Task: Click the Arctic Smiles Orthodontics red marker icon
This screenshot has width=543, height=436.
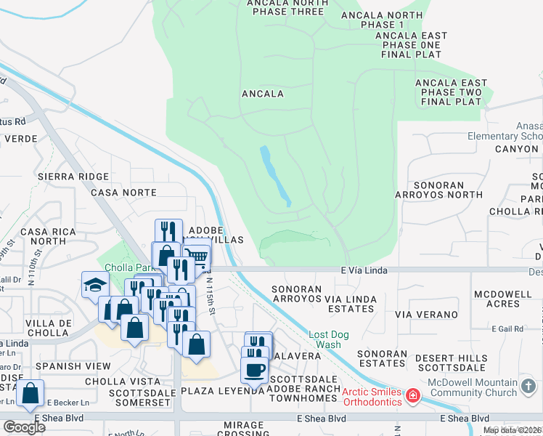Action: [x=413, y=396]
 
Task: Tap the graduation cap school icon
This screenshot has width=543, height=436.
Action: [x=95, y=285]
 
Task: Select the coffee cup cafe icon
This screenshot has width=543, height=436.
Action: [x=254, y=370]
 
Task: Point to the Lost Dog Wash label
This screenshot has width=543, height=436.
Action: [x=324, y=339]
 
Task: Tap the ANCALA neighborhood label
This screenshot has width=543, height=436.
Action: [x=262, y=94]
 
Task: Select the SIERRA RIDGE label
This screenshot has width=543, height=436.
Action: [x=73, y=177]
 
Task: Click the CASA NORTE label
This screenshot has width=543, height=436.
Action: [x=123, y=193]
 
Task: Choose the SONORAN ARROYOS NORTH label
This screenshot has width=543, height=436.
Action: [x=438, y=190]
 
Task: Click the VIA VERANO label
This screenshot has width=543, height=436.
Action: [x=426, y=315]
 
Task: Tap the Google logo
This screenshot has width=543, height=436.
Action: [x=24, y=427]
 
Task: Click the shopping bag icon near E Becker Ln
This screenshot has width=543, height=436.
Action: [x=30, y=394]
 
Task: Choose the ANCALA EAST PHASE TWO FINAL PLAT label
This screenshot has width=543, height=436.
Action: [x=449, y=92]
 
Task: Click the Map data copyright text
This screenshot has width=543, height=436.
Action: [x=512, y=430]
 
